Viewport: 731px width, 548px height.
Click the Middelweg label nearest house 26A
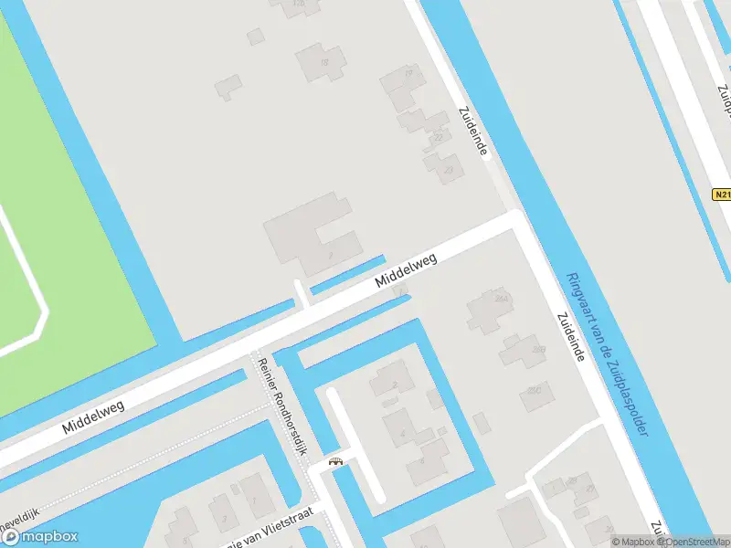(x=407, y=271)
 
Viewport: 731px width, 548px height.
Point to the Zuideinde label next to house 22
(x=473, y=132)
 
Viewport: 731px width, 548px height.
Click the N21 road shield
(x=722, y=195)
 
